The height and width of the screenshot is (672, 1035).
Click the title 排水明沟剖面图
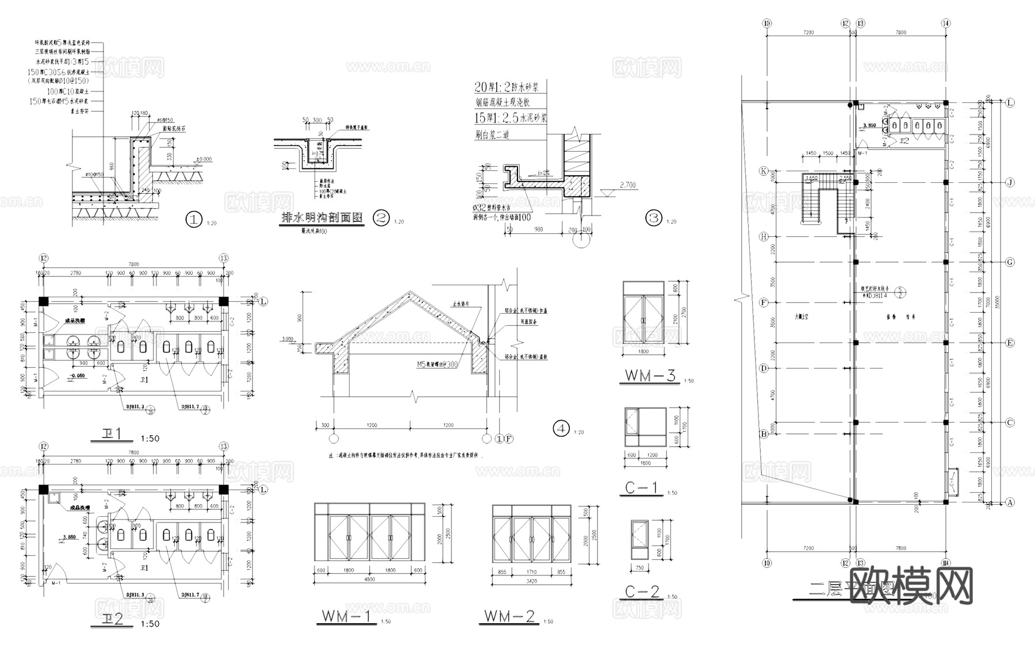(322, 218)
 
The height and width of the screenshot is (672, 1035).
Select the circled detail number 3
(654, 218)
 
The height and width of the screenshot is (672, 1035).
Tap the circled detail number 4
(561, 428)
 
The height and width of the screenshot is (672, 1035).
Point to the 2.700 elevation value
(628, 185)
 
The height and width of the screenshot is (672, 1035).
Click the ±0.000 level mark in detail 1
(204, 159)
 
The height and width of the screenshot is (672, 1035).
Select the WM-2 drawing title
(509, 617)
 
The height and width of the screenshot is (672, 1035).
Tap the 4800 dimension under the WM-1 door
(369, 579)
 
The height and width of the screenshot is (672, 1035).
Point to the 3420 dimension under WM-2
(531, 581)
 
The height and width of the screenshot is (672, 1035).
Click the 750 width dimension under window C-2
(639, 568)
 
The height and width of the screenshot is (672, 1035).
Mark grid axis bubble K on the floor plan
(764, 171)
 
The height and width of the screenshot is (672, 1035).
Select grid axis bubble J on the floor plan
(1010, 182)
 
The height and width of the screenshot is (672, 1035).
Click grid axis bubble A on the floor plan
(1010, 502)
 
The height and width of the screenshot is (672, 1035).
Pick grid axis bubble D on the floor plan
(764, 368)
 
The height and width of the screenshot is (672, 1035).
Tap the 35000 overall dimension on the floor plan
(1004, 302)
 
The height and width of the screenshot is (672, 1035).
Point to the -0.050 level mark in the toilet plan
(76, 375)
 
